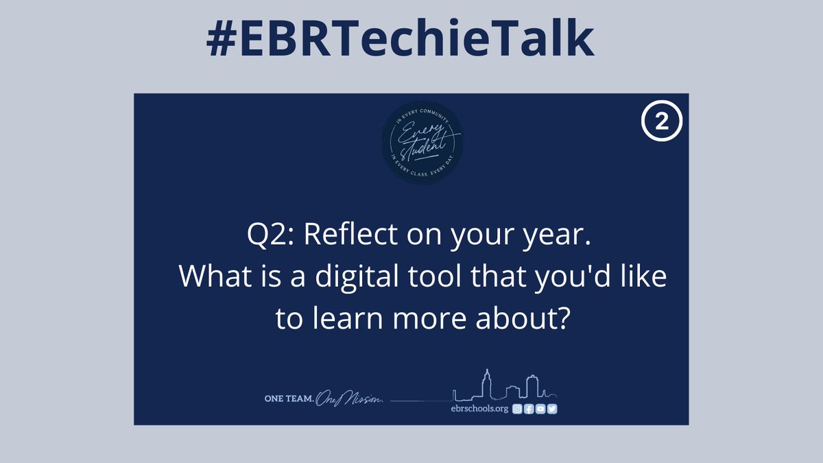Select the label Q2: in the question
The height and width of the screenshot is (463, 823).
click(x=272, y=236)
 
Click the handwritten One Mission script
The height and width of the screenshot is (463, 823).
click(x=352, y=400)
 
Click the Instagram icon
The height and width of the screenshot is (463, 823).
click(x=518, y=409)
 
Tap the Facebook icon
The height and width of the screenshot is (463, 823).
click(x=529, y=409)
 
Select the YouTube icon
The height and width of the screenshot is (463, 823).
click(x=540, y=409)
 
